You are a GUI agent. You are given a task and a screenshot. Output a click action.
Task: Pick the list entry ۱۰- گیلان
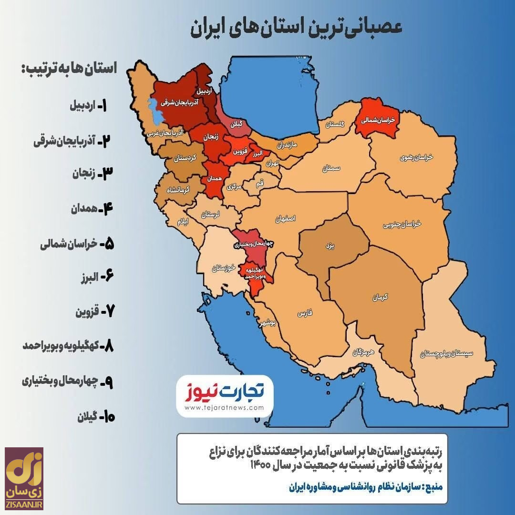pos(95,417)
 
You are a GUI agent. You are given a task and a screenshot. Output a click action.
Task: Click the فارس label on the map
pos(304,313)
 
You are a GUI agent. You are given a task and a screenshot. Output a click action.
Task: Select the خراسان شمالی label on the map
pos(378,121)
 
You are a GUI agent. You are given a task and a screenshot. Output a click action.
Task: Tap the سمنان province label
pos(330,168)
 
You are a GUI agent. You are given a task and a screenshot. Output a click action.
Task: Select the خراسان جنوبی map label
pos(403,223)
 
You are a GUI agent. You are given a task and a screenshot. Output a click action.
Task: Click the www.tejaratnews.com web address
pos(224,408)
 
